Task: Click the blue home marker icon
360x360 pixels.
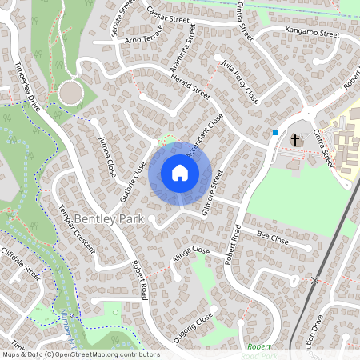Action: pos(180,172)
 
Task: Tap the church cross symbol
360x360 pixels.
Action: pos(294,140)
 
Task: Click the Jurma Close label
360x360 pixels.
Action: pos(106,156)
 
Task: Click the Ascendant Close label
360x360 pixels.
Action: pos(204,135)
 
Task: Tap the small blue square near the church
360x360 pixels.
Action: pos(275,132)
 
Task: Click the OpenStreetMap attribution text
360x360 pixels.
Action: pos(80,354)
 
